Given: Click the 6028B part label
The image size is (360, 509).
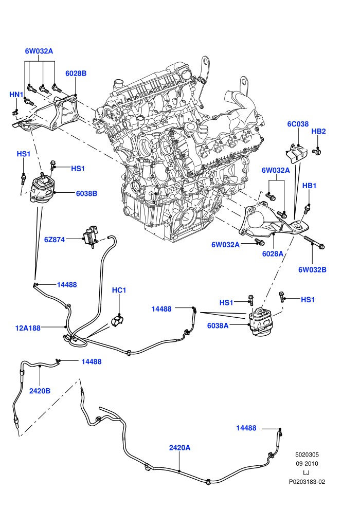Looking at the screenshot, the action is click(x=76, y=74).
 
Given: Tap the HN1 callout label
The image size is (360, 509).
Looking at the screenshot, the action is click(x=16, y=95).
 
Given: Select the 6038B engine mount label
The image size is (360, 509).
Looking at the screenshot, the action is click(x=87, y=193).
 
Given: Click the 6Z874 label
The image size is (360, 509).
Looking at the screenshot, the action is click(x=55, y=240).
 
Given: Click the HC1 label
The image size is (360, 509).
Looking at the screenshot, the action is click(x=119, y=290).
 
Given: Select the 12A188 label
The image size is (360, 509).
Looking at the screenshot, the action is click(x=28, y=328).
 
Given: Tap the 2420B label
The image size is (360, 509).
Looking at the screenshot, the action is click(x=40, y=391).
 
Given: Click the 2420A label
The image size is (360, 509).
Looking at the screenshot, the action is click(x=179, y=448).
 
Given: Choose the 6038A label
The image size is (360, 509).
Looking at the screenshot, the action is click(x=218, y=325).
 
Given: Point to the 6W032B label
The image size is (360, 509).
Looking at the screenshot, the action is click(x=312, y=269).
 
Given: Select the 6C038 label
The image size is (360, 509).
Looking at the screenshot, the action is click(x=298, y=124).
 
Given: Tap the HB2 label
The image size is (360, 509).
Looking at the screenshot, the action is click(x=318, y=131).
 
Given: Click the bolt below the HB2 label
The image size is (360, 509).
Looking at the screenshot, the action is click(x=316, y=151).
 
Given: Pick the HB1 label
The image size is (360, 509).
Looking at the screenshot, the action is click(x=310, y=186).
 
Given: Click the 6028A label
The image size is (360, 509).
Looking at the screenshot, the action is click(x=273, y=253).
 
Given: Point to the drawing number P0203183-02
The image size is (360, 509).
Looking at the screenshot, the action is click(x=307, y=482).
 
